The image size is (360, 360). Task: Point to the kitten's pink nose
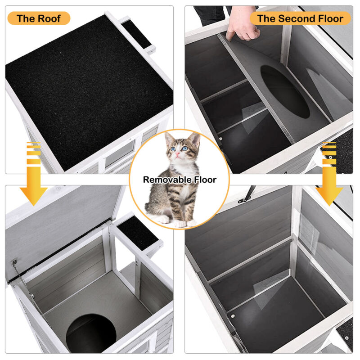click(x=177, y=153)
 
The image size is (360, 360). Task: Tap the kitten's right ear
click(x=194, y=139)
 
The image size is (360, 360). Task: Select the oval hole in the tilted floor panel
click(x=285, y=92)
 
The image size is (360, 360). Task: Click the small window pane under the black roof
click(x=120, y=153)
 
